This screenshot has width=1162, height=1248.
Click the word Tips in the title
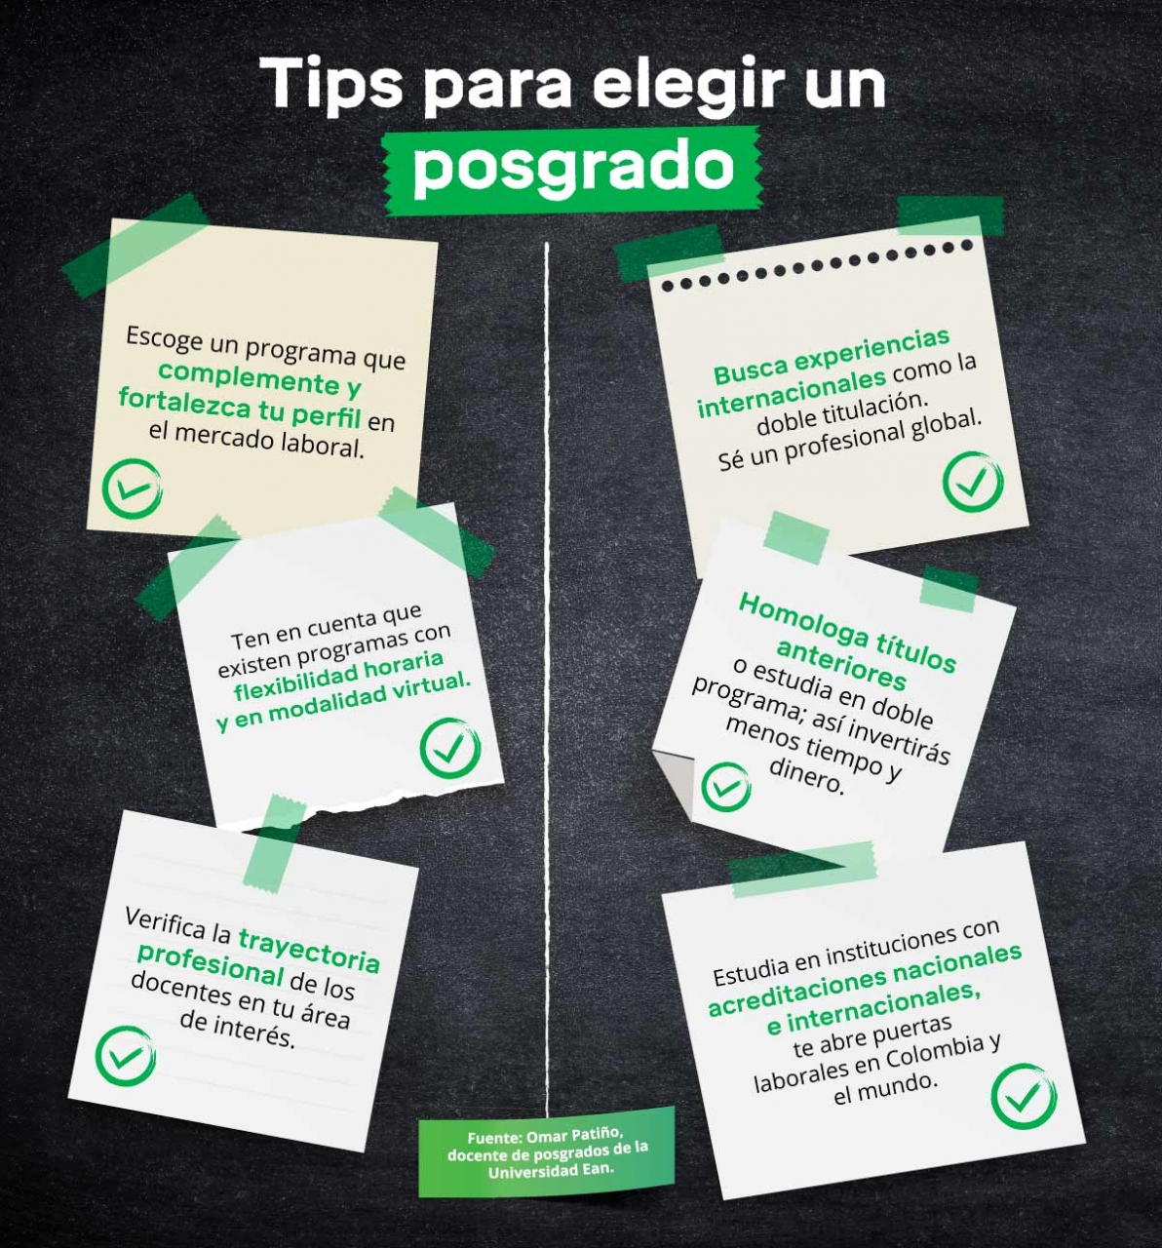(330, 84)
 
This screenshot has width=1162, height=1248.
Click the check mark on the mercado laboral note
(132, 488)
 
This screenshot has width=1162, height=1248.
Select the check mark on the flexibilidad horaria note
(450, 747)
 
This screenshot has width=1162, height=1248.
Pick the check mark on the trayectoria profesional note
(126, 1056)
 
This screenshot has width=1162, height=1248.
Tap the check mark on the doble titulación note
(973, 482)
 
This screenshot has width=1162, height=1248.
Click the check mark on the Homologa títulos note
(726, 787)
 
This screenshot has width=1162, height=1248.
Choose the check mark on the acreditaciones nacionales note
(1024, 1096)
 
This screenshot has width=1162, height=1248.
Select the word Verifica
(166, 922)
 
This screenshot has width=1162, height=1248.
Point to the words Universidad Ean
(551, 1171)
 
